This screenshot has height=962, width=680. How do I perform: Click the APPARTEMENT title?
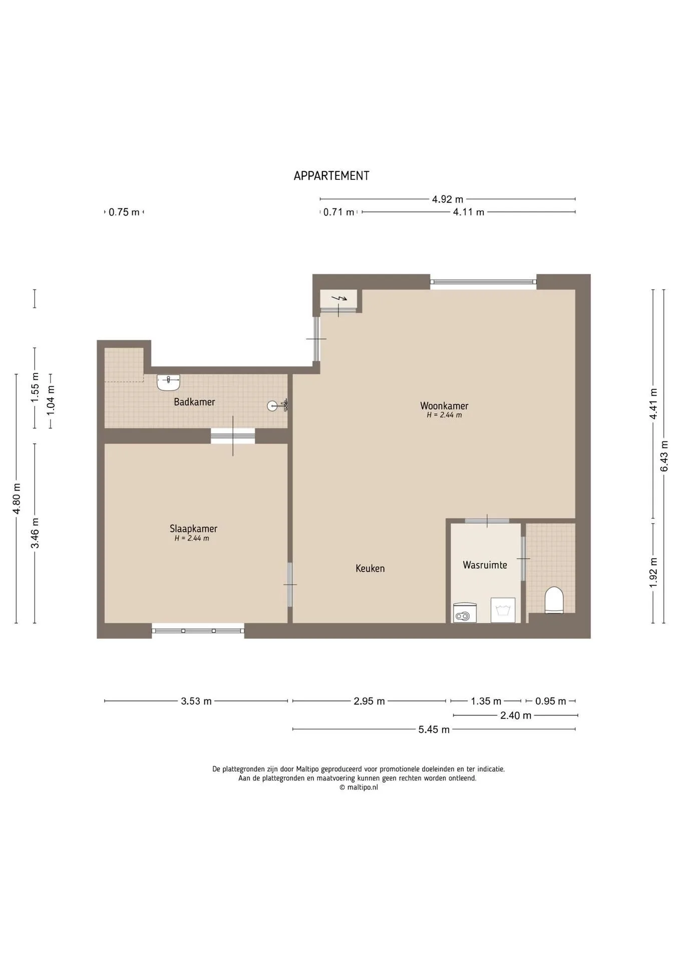(x=331, y=176)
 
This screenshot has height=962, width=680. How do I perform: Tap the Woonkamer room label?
(x=444, y=405)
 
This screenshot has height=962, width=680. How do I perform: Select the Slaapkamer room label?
(x=193, y=529)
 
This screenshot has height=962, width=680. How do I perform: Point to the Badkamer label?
(x=194, y=402)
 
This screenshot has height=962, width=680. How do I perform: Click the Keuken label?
(x=370, y=568)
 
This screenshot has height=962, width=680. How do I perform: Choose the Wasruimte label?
(x=485, y=565)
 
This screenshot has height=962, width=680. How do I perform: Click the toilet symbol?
(x=554, y=600)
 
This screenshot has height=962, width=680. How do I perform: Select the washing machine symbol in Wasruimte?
(x=503, y=610)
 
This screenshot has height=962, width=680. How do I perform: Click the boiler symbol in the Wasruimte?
(x=465, y=613)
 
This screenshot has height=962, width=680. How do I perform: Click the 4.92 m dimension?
(x=447, y=199)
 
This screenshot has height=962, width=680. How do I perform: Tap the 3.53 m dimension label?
(x=196, y=701)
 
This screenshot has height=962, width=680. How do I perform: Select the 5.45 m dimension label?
(x=434, y=730)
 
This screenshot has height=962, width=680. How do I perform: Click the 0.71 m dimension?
(x=339, y=212)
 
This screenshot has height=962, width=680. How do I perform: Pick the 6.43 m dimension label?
(x=664, y=455)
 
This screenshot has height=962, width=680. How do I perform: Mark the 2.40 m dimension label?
(x=516, y=715)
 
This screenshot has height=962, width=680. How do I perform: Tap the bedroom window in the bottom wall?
(x=198, y=630)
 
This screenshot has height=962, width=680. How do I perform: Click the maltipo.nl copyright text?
(x=359, y=787)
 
